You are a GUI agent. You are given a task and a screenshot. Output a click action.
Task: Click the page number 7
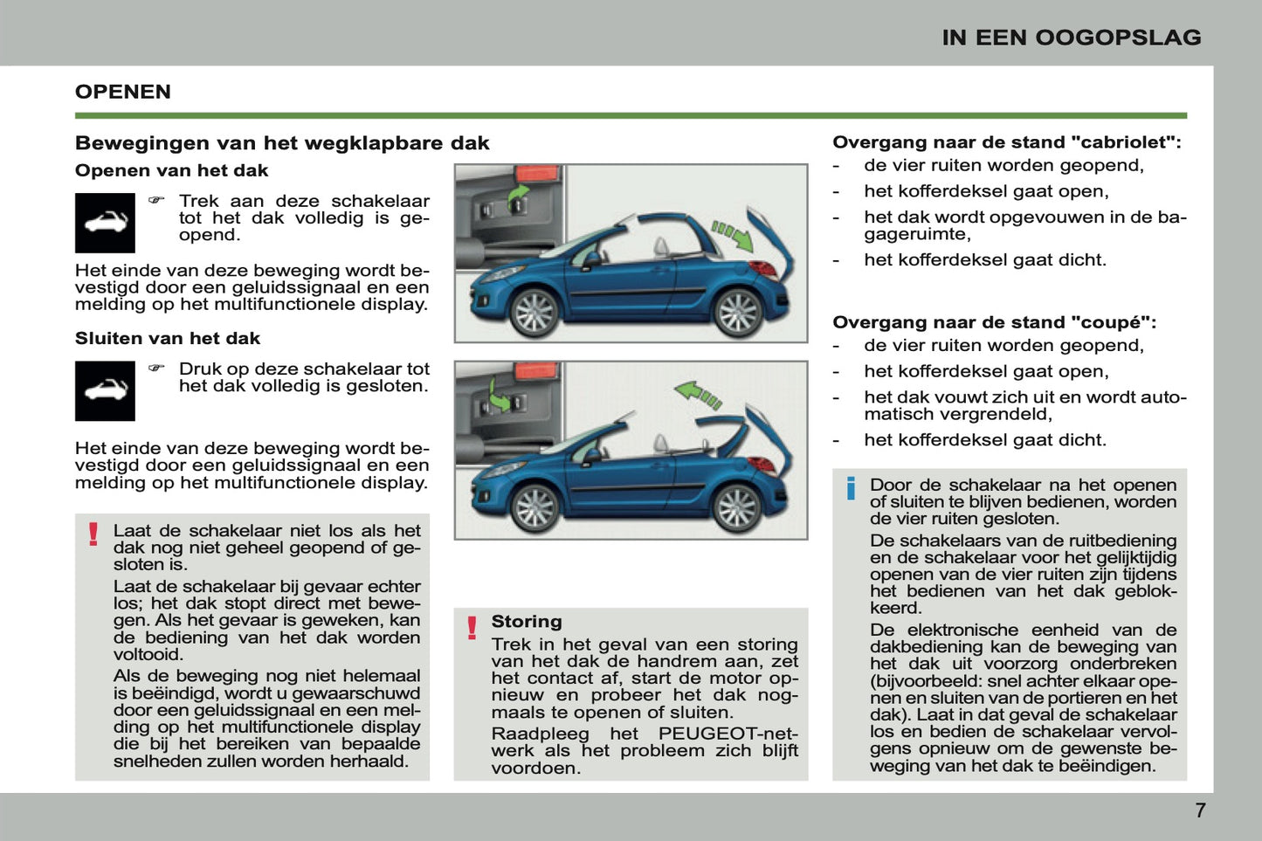tap(1200, 810)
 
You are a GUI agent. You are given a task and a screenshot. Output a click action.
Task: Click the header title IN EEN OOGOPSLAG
tap(1071, 38)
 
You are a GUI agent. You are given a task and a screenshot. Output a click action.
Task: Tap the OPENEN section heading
tap(123, 92)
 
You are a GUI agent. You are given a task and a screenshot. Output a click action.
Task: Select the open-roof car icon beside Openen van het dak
tap(105, 223)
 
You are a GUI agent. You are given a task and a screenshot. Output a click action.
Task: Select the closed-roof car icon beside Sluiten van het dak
tap(105, 390)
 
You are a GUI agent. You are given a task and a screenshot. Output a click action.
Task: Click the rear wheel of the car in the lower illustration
tap(738, 507)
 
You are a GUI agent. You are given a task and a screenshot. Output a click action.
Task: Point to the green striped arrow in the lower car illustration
tap(698, 394)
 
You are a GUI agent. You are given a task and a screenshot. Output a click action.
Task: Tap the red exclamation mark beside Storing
tap(472, 628)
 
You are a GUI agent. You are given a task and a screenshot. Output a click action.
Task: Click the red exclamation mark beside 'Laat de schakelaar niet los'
tap(93, 534)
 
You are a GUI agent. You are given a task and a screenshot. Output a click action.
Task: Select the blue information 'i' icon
tap(851, 488)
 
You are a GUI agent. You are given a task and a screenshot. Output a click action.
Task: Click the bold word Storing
tap(526, 622)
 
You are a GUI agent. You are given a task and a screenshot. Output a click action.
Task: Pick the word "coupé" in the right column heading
tap(1106, 322)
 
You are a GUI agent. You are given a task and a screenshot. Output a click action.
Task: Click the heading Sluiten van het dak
tap(168, 338)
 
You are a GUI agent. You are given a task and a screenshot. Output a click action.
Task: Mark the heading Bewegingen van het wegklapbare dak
tap(282, 143)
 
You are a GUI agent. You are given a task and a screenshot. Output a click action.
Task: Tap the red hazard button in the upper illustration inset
tap(536, 175)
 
